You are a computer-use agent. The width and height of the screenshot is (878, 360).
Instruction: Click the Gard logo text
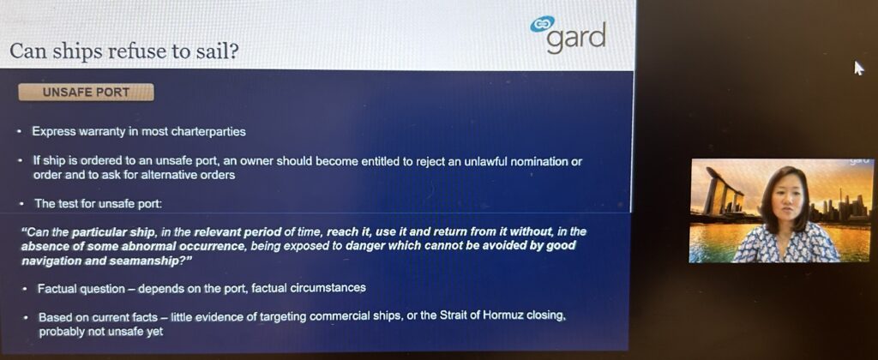tap(575, 38)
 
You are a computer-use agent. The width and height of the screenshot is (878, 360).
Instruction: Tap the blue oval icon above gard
tap(542, 23)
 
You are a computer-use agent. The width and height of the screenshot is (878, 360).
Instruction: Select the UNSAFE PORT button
tap(87, 93)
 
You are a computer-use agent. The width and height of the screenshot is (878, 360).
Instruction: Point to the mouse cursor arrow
tap(858, 68)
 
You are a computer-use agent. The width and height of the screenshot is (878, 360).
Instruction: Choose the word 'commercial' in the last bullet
tap(336, 317)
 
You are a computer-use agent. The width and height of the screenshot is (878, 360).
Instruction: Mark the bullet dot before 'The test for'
tap(21, 204)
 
